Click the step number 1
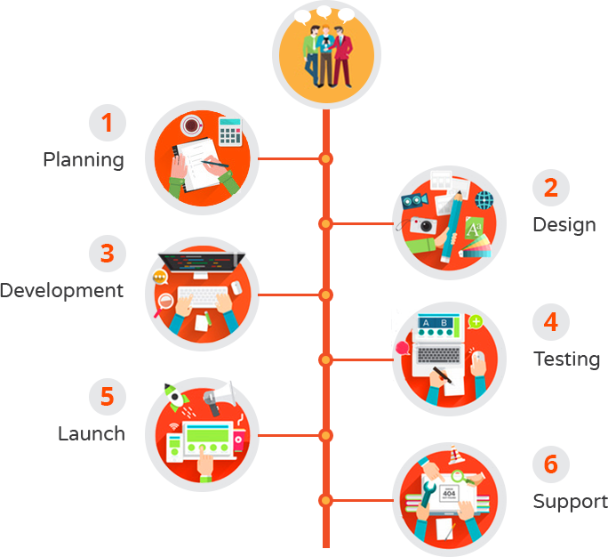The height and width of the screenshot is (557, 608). (x=107, y=122)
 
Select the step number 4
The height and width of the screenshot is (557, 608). (x=550, y=321)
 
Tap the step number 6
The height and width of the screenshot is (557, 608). (x=550, y=464)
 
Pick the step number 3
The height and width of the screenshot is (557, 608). (x=107, y=254)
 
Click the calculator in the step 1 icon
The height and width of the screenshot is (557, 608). (x=230, y=131)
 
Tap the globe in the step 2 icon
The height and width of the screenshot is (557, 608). (x=485, y=198)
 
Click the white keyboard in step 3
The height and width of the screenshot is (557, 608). (x=202, y=295)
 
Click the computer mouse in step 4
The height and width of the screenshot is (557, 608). (x=478, y=362)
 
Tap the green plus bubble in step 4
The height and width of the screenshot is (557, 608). (x=476, y=320)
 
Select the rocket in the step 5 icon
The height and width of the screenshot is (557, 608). (x=174, y=393)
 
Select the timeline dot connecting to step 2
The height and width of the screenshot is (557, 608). (x=326, y=222)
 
